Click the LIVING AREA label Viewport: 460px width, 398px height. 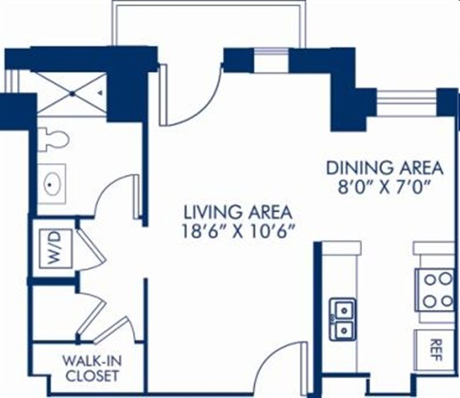click(x=238, y=212)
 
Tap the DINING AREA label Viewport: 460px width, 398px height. click(x=384, y=168)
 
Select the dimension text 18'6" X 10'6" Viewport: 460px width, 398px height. click(x=238, y=231)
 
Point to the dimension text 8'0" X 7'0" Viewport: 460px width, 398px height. click(x=384, y=188)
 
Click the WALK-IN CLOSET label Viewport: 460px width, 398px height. click(x=90, y=368)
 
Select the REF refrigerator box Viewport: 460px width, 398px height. click(x=434, y=346)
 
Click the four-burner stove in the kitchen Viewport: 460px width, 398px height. click(x=435, y=290)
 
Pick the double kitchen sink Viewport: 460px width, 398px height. click(x=344, y=319)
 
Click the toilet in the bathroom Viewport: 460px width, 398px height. click(x=52, y=139)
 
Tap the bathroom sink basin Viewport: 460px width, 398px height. click(x=52, y=185)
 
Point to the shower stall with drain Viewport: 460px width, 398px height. click(x=71, y=93)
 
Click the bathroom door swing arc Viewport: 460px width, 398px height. click(x=113, y=195)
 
